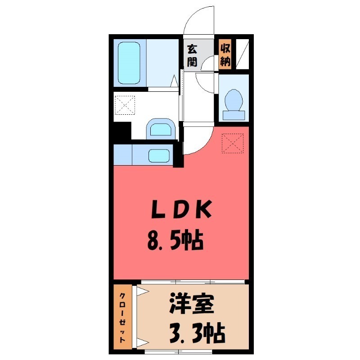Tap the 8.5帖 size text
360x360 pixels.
tap(175, 243)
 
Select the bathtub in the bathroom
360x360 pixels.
tap(130, 63)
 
